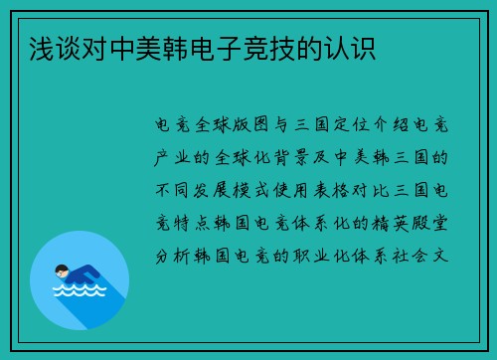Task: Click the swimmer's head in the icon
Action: [62, 269]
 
